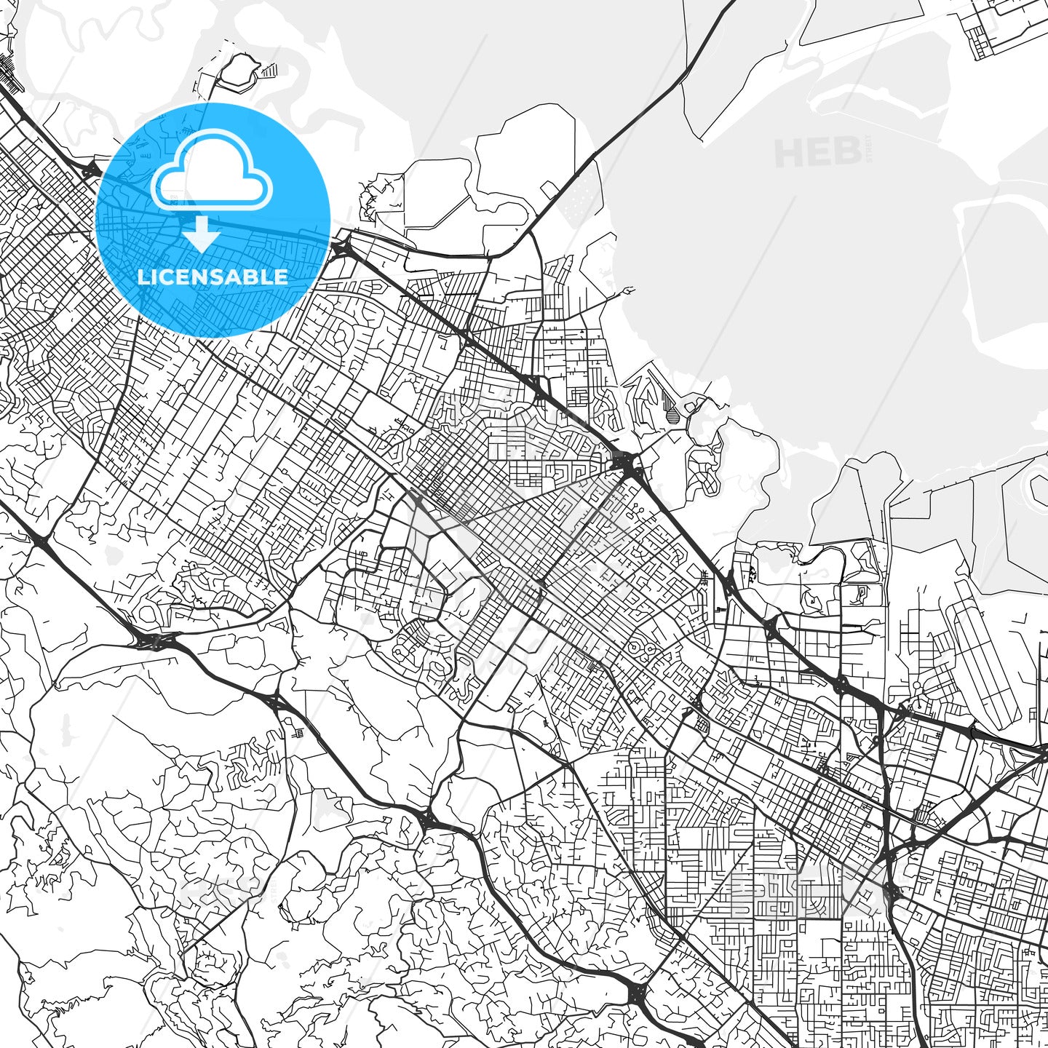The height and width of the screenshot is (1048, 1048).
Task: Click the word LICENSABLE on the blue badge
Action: pyautogui.click(x=213, y=277)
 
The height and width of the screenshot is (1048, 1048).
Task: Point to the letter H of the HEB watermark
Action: pyautogui.click(x=787, y=153)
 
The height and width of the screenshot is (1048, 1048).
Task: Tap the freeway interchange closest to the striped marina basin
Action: pyautogui.click(x=625, y=462)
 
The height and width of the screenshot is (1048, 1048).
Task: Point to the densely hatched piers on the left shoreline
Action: pyautogui.click(x=10, y=69)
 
